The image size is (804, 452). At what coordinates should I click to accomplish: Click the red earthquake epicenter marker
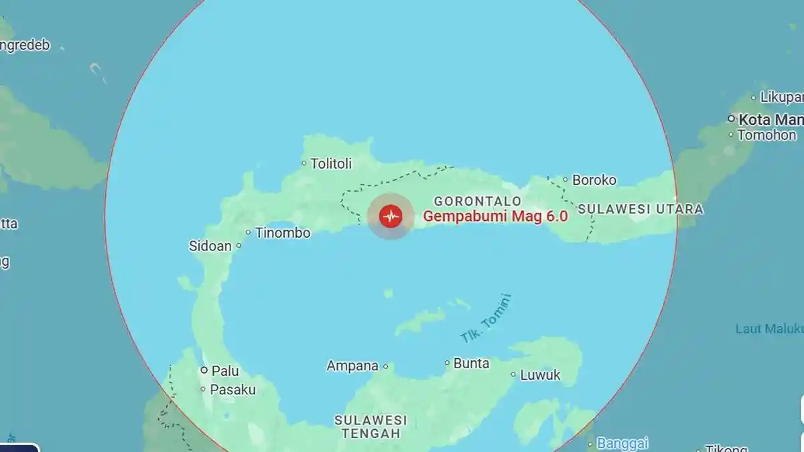pyautogui.click(x=390, y=216)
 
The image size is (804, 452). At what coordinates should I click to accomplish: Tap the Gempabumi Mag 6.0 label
pyautogui.click(x=495, y=216)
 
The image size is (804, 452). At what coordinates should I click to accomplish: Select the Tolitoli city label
pyautogui.click(x=331, y=163)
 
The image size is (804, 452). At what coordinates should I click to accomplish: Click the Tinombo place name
pyautogui.click(x=283, y=233)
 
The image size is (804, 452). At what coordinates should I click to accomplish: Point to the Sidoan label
pyautogui.click(x=210, y=246)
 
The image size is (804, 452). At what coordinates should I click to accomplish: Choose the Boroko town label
pyautogui.click(x=594, y=179)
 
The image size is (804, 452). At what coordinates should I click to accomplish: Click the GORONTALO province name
pyautogui.click(x=478, y=201)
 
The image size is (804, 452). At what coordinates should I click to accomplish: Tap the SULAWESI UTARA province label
pyautogui.click(x=641, y=209)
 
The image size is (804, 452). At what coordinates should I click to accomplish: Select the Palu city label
pyautogui.click(x=225, y=370)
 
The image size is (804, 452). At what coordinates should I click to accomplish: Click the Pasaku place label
pyautogui.click(x=233, y=389)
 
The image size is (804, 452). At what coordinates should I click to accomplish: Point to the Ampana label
pyautogui.click(x=352, y=366)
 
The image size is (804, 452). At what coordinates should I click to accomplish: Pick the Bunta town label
pyautogui.click(x=472, y=364)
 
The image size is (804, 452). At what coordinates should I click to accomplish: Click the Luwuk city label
pyautogui.click(x=540, y=375)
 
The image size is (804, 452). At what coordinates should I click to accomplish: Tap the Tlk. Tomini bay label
pyautogui.click(x=486, y=319)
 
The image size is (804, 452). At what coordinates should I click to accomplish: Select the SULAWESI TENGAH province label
pyautogui.click(x=371, y=426)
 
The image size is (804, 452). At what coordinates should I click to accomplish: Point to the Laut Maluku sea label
pyautogui.click(x=769, y=329)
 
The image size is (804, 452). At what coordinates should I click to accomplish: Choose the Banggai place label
pyautogui.click(x=622, y=443)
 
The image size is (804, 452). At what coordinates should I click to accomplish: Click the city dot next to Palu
pyautogui.click(x=204, y=370)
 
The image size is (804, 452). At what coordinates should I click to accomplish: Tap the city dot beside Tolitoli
pyautogui.click(x=304, y=163)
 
